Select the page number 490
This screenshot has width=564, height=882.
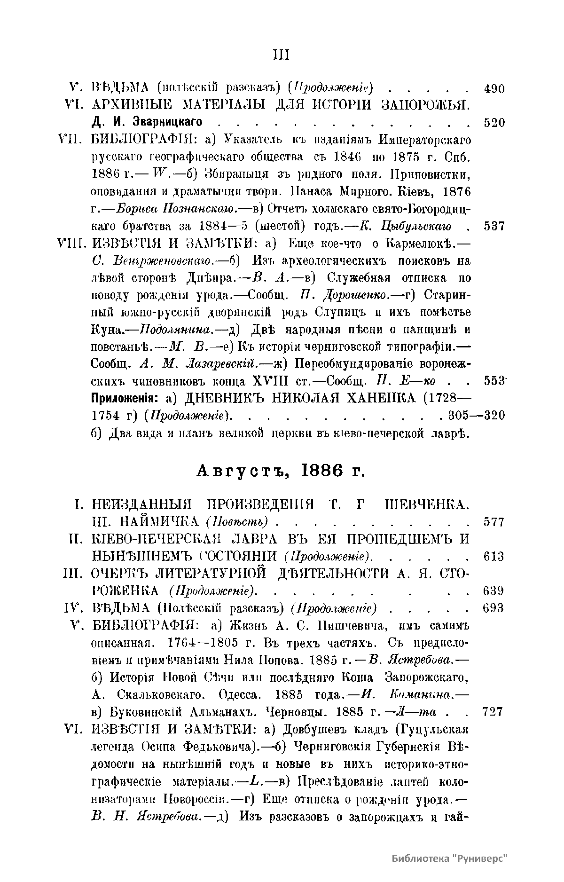tap(493, 88)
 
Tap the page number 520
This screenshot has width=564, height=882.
tap(493, 123)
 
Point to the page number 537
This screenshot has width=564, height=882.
tap(493, 226)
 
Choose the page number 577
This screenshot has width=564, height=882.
tap(493, 522)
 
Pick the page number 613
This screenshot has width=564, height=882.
tap(493, 557)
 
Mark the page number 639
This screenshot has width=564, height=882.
tap(493, 591)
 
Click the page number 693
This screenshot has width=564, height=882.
tap(493, 608)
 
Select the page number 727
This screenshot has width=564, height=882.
tap(493, 711)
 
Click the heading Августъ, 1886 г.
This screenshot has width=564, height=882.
tap(281, 471)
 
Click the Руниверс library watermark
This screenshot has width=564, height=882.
tap(450, 858)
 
